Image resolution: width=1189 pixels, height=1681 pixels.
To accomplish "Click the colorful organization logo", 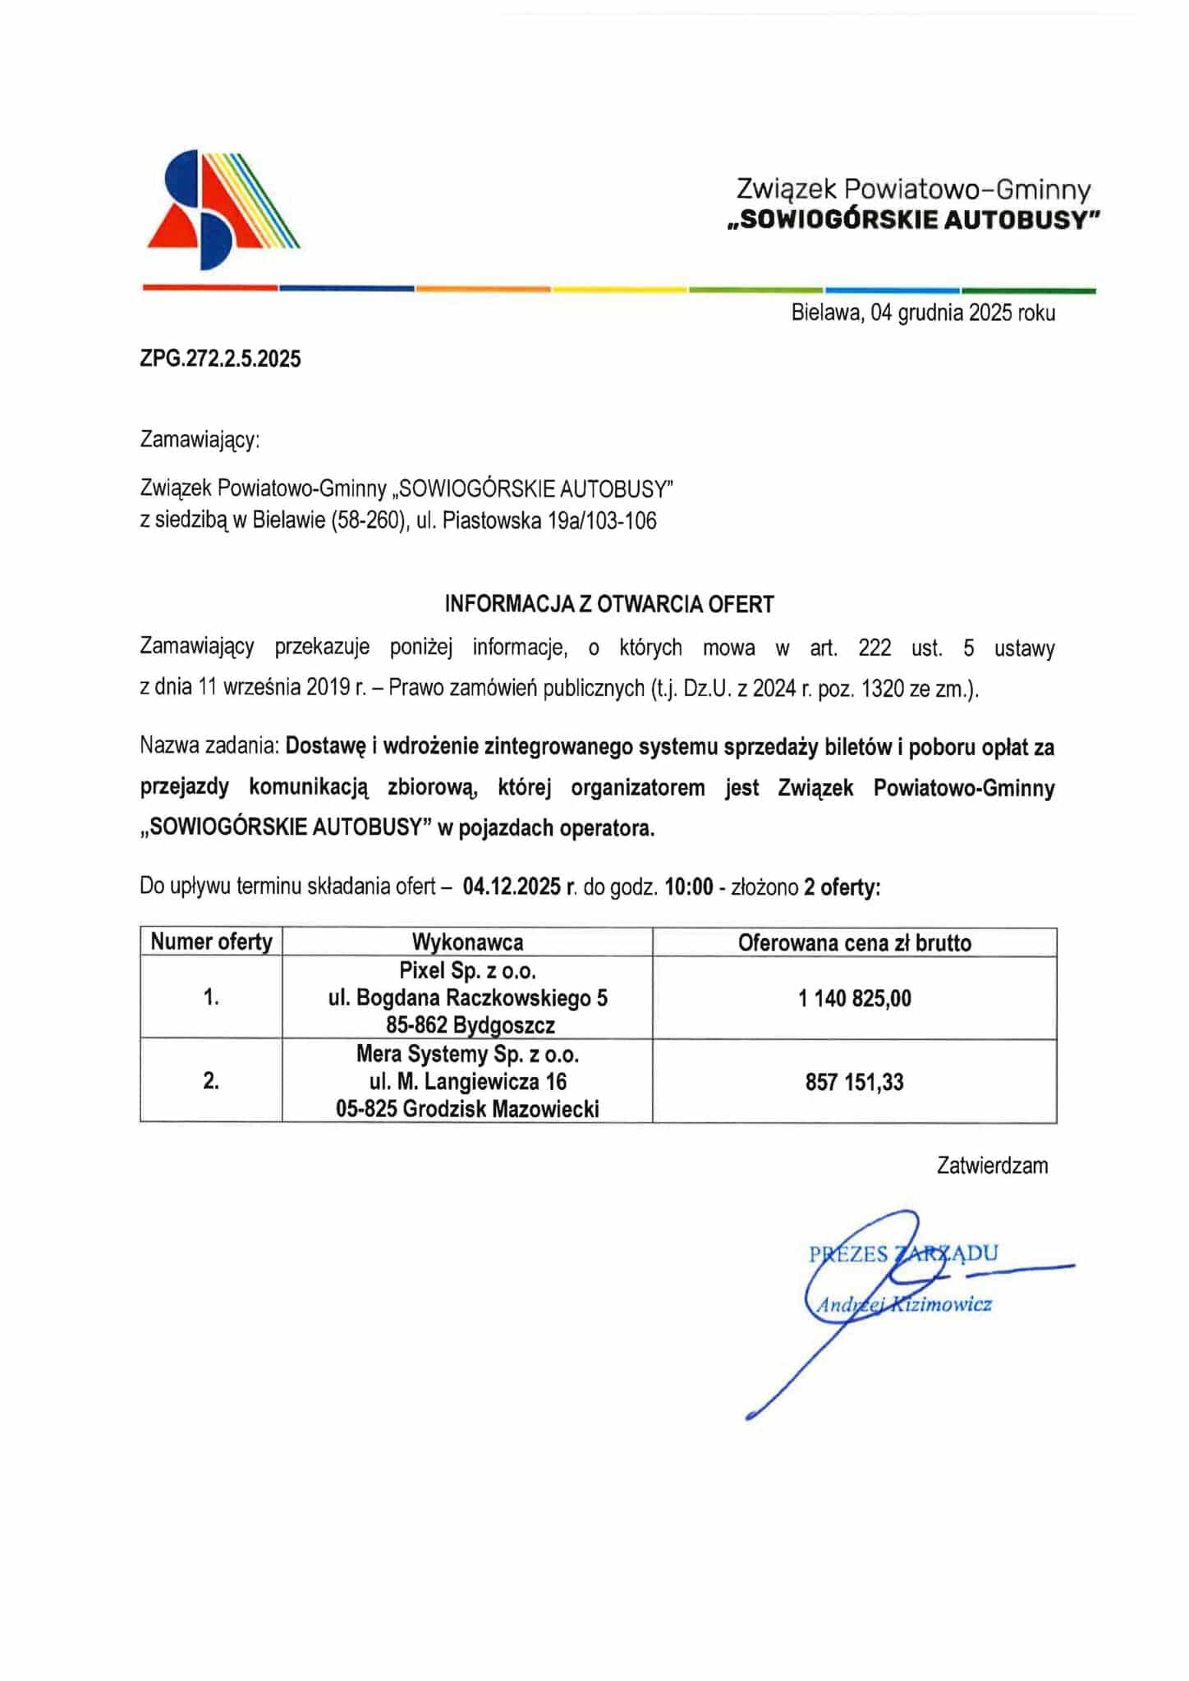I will point(223,209).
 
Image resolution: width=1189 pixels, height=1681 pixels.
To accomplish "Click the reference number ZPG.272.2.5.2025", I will point(220,359).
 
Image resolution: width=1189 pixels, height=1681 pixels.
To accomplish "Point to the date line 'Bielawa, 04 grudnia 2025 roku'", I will point(923,313).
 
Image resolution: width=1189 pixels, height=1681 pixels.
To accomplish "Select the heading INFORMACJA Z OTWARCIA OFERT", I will point(608,605).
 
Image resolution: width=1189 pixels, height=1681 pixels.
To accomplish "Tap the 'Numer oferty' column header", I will point(211,942).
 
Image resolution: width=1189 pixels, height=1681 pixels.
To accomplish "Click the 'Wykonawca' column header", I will point(467,942).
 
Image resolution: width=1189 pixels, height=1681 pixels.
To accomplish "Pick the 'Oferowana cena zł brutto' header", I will point(854,943).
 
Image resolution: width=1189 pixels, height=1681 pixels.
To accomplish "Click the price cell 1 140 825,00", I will point(854,998).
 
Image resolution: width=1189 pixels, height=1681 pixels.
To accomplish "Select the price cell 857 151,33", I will point(854,1082).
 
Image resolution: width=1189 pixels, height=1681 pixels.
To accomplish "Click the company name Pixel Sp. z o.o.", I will point(467,971).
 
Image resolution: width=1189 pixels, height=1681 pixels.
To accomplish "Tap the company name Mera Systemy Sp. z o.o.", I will point(467,1054).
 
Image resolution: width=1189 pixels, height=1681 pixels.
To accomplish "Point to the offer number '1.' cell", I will point(211,998).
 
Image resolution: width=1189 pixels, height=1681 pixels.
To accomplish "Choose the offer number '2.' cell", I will point(211,1082).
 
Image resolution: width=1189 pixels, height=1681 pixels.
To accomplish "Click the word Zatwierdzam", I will point(992,1166).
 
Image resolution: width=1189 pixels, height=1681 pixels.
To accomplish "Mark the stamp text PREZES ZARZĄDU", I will point(903,1253).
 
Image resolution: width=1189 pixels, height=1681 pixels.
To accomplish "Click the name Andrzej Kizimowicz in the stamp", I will point(903,1304).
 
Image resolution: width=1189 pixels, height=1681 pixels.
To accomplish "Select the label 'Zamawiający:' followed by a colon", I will point(200,440).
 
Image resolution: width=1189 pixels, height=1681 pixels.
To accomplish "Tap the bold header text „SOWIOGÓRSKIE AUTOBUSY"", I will point(913,221).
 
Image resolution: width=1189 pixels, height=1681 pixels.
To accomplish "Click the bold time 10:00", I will point(689,887).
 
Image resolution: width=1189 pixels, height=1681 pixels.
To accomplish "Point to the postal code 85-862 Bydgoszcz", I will point(471,1026).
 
